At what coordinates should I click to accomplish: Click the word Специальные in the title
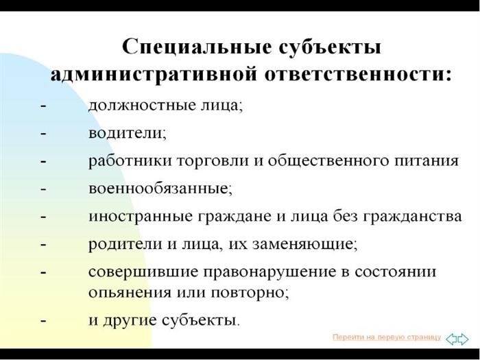click(x=197, y=47)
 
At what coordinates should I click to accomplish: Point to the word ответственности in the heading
click(x=358, y=74)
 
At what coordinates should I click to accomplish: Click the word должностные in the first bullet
click(x=143, y=106)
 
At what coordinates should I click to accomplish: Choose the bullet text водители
click(x=125, y=133)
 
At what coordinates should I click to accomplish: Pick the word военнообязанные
click(x=158, y=189)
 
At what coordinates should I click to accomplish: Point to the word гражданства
click(x=412, y=217)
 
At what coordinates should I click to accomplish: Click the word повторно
click(x=248, y=292)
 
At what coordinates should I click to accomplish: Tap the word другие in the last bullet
click(x=130, y=321)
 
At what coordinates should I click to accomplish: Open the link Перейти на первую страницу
click(x=387, y=337)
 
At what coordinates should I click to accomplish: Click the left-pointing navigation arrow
click(x=451, y=339)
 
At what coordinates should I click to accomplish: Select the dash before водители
click(x=43, y=134)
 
